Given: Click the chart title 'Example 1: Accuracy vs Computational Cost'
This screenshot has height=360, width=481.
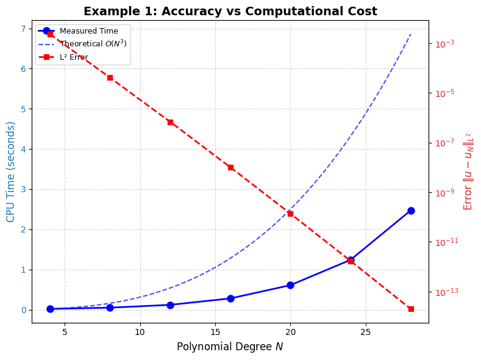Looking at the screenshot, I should [x=230, y=12].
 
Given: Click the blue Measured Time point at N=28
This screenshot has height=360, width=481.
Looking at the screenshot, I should [x=411, y=211].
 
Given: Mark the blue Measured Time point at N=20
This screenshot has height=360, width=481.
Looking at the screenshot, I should [x=290, y=285].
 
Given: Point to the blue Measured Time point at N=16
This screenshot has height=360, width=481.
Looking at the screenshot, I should [x=230, y=298].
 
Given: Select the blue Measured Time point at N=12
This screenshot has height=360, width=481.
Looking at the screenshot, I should [x=170, y=304].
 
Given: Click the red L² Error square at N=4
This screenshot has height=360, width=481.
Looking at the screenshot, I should [x=50, y=34].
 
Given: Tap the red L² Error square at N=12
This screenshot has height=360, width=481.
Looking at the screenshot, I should [x=170, y=122].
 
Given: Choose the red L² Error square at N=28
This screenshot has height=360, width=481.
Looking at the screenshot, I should [x=411, y=309].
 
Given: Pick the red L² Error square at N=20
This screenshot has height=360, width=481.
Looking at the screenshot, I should [x=290, y=214].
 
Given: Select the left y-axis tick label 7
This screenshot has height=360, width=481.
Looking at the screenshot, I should [x=24, y=29].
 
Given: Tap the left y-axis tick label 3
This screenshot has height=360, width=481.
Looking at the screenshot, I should [x=24, y=190].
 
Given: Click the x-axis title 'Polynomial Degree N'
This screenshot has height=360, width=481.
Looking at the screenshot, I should [x=230, y=347].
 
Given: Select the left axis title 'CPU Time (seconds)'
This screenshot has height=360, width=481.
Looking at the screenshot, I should [x=11, y=171].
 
